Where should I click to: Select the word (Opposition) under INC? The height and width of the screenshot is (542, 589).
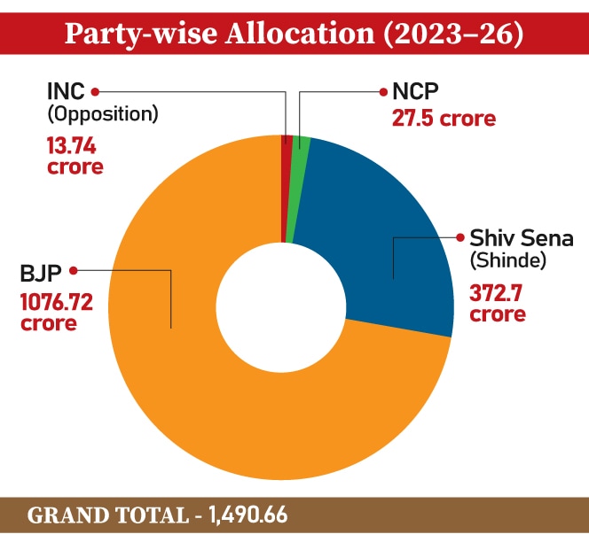pos(101,113)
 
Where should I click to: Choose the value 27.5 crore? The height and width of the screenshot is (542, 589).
pos(444,118)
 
